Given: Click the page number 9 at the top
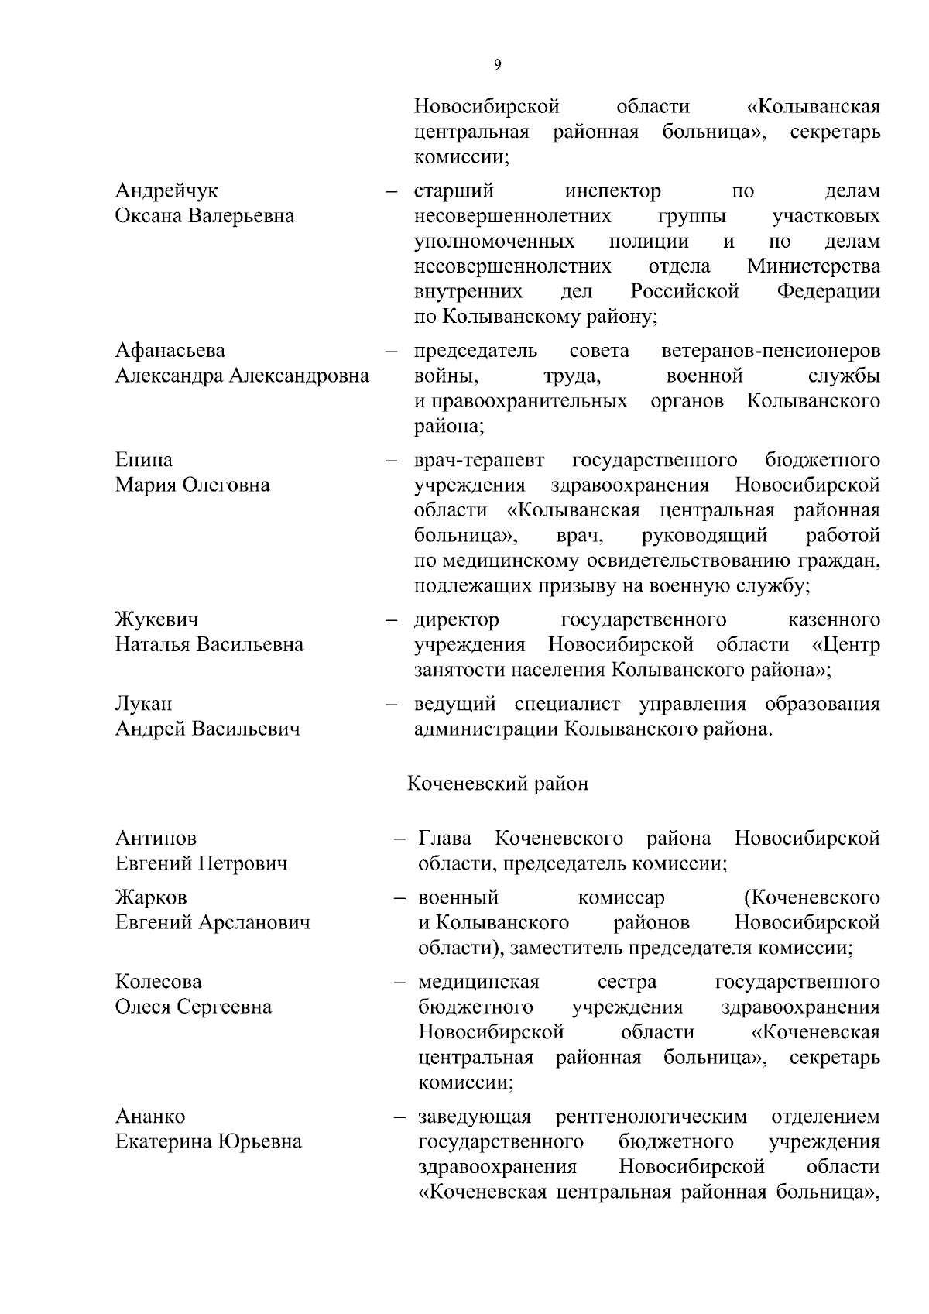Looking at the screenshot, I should point(497,65).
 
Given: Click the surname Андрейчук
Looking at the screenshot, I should point(166,190).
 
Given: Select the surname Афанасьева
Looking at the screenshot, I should point(170,351).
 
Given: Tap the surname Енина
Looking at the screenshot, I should point(144,460).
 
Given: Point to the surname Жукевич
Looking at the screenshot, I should point(156,619).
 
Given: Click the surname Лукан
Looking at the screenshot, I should point(144,704).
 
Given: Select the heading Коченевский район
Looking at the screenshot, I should point(498,784).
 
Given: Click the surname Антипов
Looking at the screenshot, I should point(156,838).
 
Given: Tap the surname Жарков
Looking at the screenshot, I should point(151,897).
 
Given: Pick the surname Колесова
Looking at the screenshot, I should point(158,982).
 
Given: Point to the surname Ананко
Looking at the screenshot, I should point(150,1117).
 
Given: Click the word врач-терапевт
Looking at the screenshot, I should point(479,461).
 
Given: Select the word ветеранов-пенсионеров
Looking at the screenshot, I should point(770,351).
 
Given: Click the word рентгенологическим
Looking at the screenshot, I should point(651,1117).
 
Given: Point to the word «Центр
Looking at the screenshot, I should point(846,645).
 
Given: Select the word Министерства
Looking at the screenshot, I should point(814,267).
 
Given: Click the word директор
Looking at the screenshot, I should point(457,620).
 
